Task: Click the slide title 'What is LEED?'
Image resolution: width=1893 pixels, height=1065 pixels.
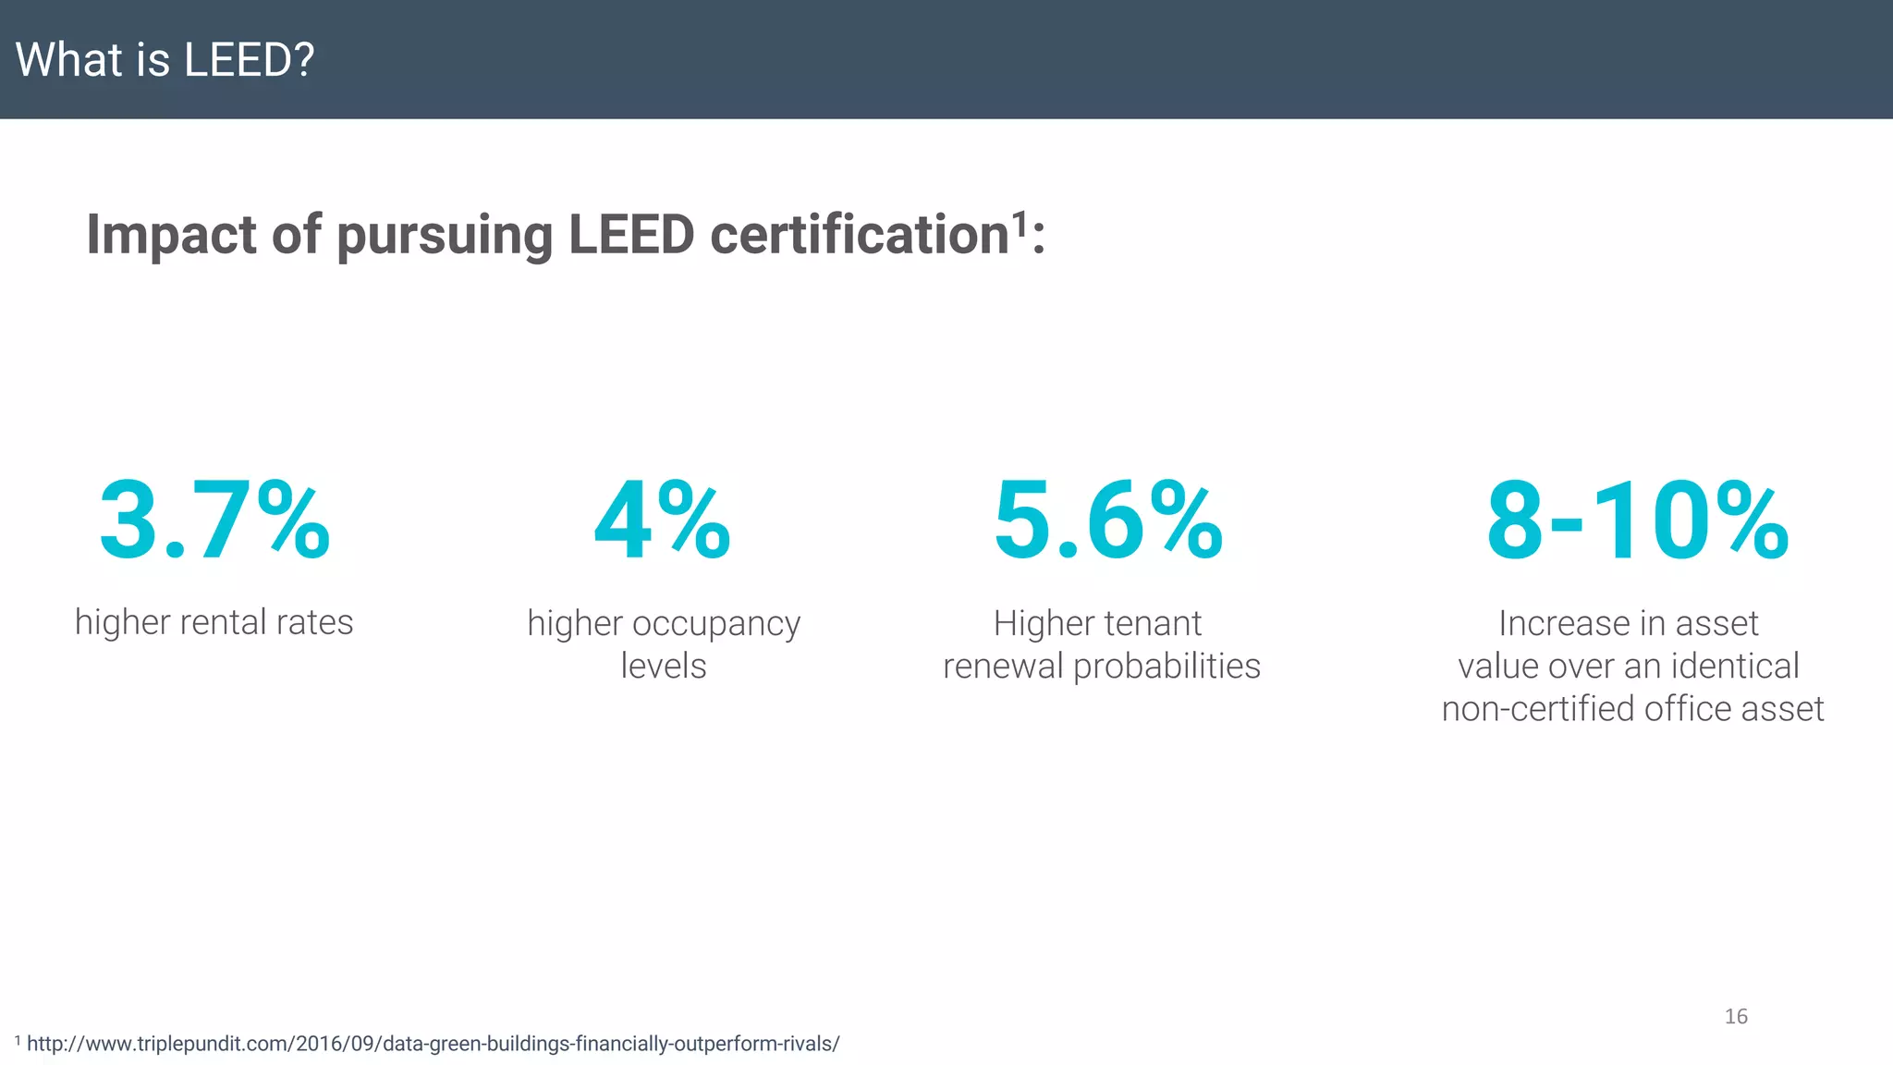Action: [165, 60]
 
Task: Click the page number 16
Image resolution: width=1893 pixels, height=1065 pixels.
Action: [1736, 1016]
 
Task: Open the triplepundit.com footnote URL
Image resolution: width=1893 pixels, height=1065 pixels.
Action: [433, 1044]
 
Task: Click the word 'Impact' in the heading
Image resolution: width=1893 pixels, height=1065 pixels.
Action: [171, 234]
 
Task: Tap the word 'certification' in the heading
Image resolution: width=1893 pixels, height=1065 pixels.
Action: [859, 234]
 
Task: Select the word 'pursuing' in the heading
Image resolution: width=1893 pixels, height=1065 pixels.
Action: [444, 236]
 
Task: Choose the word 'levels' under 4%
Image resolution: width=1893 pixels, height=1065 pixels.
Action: [663, 666]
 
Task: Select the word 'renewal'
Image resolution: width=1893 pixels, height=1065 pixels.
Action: [1003, 666]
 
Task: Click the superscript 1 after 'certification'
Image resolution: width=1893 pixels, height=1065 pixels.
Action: [1020, 223]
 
